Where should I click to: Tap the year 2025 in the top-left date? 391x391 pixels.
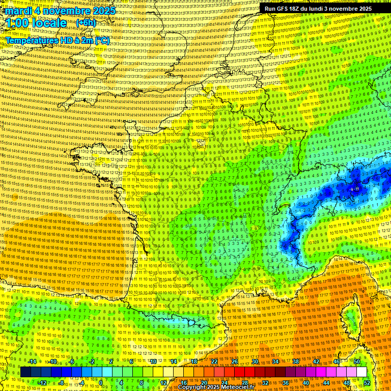pos(104,11)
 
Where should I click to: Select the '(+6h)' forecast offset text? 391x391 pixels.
pos(85,23)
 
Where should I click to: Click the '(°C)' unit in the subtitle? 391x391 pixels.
pos(102,41)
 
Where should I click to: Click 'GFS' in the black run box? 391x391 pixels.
pos(281,9)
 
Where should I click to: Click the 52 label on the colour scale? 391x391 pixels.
pos(367,382)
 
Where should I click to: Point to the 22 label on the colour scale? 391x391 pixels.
pos(214,361)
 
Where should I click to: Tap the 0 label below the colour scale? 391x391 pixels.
pos(101,382)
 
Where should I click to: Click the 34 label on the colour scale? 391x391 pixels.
pos(275,361)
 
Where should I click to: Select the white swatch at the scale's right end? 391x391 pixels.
pos(361,372)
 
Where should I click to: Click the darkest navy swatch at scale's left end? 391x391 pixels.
pos(25,372)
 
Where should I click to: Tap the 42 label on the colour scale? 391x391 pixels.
pos(316,361)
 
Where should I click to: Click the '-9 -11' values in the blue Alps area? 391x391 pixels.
pos(355,189)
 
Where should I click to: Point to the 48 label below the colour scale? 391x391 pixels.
pos(347,382)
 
